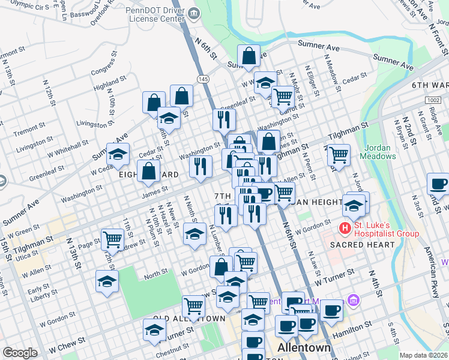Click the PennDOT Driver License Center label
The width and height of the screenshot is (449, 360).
[x=155, y=14]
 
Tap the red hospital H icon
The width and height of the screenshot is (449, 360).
[x=345, y=228]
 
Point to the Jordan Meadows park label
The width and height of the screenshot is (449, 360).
[x=378, y=152]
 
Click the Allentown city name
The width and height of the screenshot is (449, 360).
[x=304, y=349]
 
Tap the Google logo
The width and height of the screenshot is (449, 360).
[x=20, y=353]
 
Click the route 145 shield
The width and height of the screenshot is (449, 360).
[x=203, y=79]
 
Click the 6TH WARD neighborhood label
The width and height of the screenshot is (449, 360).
[x=430, y=86]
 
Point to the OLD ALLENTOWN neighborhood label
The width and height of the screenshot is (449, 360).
[x=180, y=318]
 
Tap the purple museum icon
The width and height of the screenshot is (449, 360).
[x=354, y=299]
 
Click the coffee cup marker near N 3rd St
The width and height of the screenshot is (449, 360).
[x=438, y=184]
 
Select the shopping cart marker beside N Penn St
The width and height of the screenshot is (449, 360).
[x=339, y=155]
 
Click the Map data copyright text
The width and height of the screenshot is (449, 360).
[x=423, y=355]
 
